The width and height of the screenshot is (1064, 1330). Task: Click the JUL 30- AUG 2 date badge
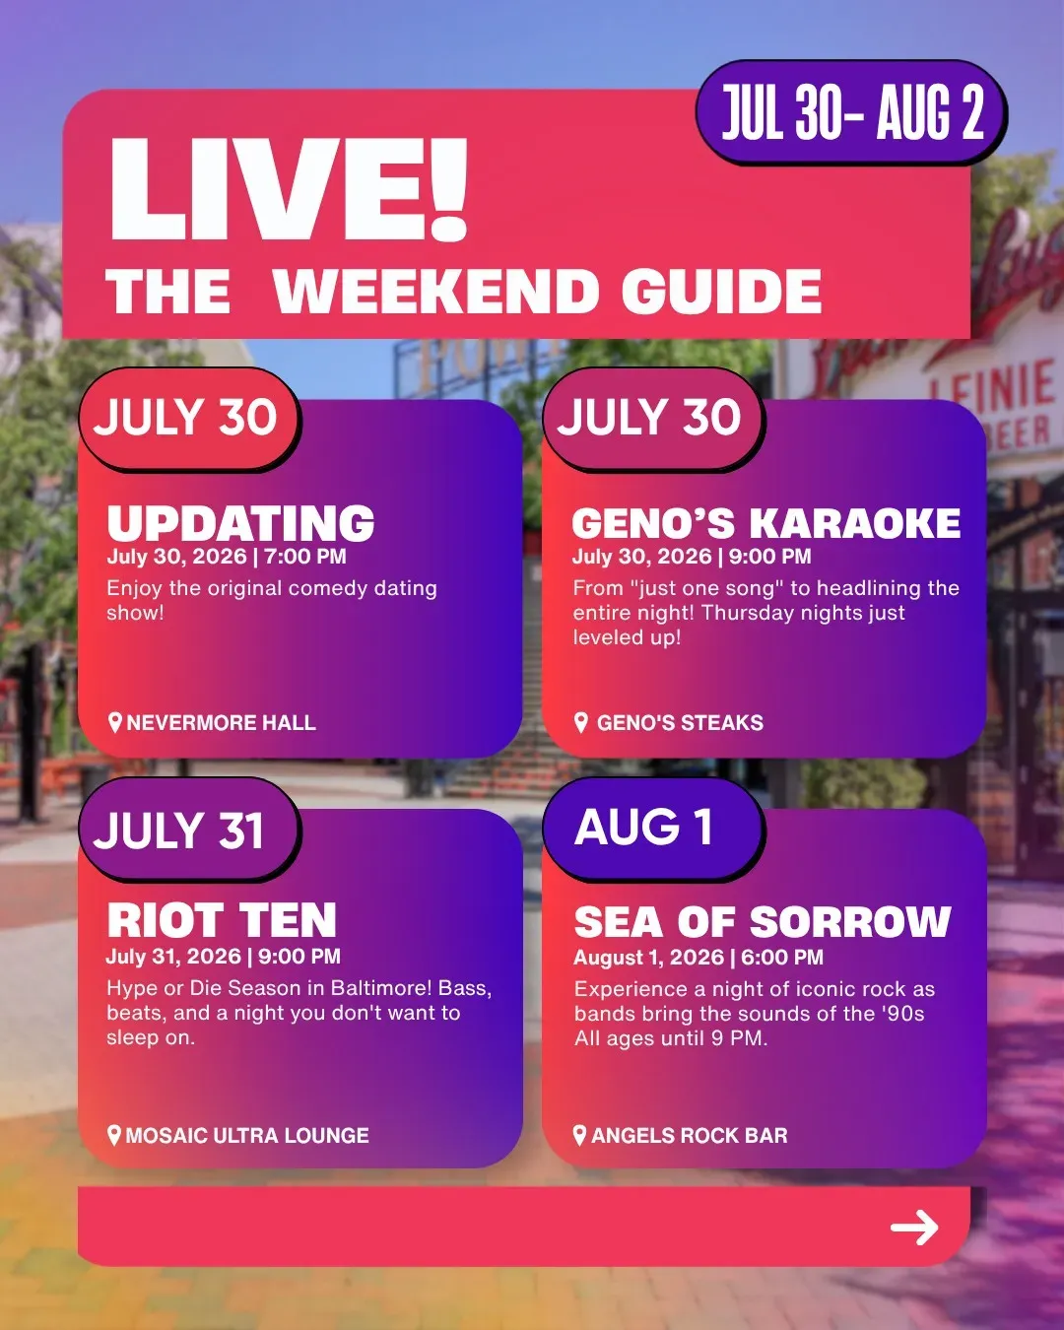tap(851, 112)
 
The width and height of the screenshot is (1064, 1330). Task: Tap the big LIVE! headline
tap(288, 189)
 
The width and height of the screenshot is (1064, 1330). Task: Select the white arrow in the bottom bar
tap(914, 1227)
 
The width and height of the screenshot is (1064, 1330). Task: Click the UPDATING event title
tap(241, 523)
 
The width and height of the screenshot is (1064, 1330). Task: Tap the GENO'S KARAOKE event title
tap(766, 523)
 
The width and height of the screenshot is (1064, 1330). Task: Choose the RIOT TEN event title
tap(222, 920)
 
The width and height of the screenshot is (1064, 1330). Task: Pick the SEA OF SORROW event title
tap(763, 922)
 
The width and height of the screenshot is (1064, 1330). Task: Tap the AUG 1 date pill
tap(653, 829)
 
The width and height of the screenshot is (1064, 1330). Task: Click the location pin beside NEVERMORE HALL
tap(114, 722)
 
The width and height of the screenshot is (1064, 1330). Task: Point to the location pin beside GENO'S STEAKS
tap(580, 722)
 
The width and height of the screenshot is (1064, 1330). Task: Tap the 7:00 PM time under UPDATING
tap(304, 557)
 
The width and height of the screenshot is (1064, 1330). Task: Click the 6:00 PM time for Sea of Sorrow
tap(782, 958)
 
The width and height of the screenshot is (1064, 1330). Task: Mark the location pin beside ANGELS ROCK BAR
tap(579, 1135)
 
